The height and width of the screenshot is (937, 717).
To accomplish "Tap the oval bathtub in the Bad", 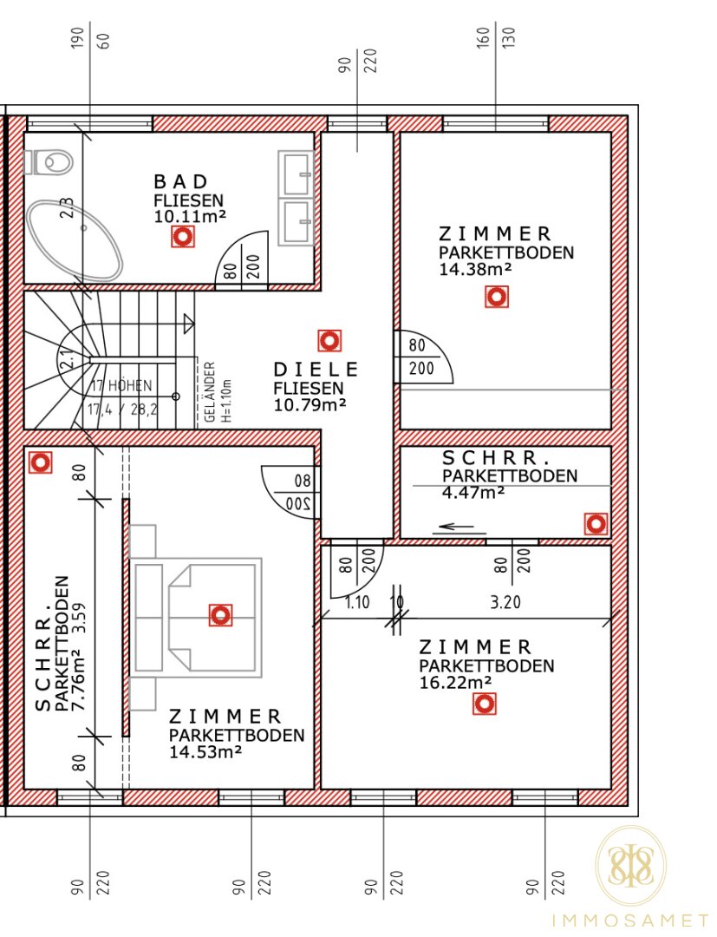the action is (x=75, y=240).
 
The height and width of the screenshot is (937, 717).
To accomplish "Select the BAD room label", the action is (x=181, y=181).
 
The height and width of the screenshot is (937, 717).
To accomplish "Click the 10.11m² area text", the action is (x=190, y=216).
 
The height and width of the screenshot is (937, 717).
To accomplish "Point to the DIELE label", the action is (x=316, y=370).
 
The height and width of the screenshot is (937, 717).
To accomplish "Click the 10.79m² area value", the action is (x=310, y=404).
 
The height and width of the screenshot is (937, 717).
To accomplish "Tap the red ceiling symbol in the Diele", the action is (x=329, y=341).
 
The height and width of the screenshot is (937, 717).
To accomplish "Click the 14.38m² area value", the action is (x=475, y=270).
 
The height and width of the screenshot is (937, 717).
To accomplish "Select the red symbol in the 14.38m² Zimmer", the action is (x=497, y=297).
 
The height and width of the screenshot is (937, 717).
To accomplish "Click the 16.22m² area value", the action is (x=455, y=683).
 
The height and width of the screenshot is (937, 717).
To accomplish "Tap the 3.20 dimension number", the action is (x=505, y=602).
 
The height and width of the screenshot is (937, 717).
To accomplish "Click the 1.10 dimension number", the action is (x=357, y=602).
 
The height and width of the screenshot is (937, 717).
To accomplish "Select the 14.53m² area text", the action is (x=205, y=751).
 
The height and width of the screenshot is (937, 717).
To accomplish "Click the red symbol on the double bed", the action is (x=220, y=615).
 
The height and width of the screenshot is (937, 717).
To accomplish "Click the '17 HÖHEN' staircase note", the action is (x=122, y=386).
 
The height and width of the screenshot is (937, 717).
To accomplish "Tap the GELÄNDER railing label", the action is (x=210, y=392).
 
